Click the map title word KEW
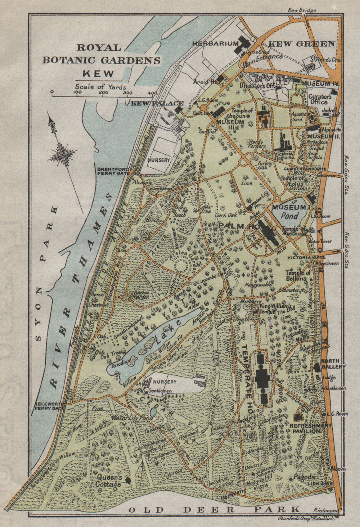[x=98, y=73]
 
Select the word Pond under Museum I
[x=290, y=216]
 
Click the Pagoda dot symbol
[x=290, y=479]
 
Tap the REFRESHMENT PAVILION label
[x=310, y=428]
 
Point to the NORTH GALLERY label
[x=333, y=364]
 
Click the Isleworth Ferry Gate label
[x=49, y=406]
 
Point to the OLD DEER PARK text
[x=214, y=509]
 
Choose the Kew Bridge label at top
[x=302, y=10]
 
